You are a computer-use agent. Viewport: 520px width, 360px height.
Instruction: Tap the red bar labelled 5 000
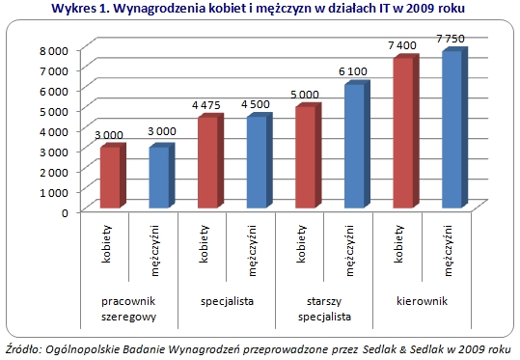(309, 156)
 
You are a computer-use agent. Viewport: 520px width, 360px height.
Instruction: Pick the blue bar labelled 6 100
(357, 145)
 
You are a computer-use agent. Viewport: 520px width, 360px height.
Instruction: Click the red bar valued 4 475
(210, 161)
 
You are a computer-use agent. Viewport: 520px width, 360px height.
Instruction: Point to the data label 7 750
(451, 39)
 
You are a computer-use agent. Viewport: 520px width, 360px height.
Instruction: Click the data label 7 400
(402, 45)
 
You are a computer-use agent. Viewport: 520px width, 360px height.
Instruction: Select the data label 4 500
(256, 104)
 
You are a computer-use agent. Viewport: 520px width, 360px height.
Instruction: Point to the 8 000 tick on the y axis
(54, 50)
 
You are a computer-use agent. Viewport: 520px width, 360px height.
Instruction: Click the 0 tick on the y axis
(65, 212)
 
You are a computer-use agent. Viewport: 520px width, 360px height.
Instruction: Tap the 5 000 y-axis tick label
(54, 111)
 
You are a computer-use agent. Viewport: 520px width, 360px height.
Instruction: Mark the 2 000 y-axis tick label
(54, 172)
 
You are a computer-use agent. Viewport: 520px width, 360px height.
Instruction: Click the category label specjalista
(227, 301)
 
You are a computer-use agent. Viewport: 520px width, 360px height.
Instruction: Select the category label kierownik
(422, 301)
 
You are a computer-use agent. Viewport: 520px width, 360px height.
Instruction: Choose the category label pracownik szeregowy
(128, 309)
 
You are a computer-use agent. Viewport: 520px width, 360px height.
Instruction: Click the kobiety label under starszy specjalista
(301, 244)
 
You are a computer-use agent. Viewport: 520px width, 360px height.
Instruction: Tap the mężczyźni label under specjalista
(253, 251)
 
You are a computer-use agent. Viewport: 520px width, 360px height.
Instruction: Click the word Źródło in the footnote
(23, 348)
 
